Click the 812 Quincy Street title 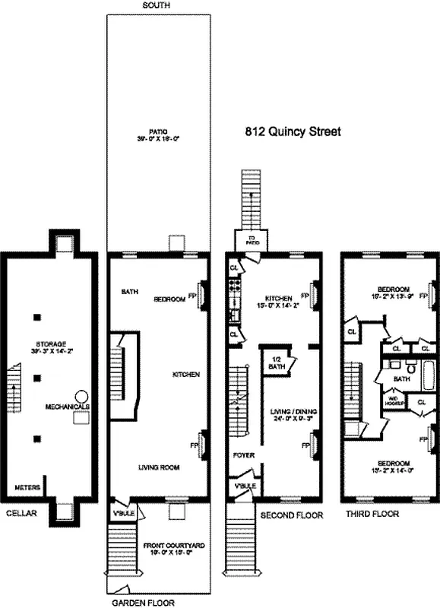[x=293, y=131]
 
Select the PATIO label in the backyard [x=157, y=135]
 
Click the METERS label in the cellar [x=27, y=487]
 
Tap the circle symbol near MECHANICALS [x=81, y=397]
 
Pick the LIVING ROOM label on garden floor [x=158, y=468]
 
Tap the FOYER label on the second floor [x=243, y=455]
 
